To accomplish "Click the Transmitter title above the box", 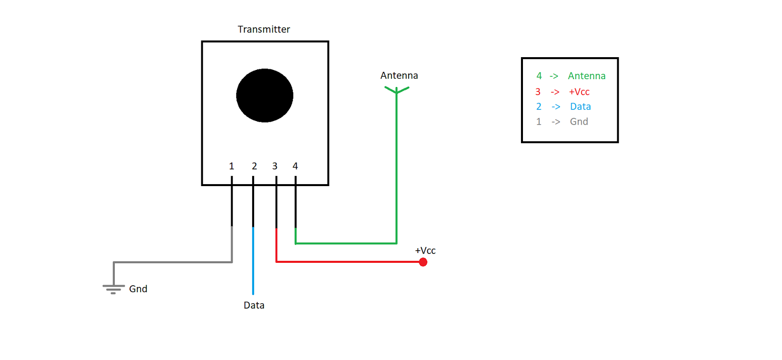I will coord(263,29).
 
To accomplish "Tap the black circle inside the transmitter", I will coord(264,95).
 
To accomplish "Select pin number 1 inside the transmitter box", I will coord(232,166).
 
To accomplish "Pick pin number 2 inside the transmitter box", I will coord(254,166).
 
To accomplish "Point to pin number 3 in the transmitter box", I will coord(275,166).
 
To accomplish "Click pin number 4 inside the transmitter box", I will coord(295,166).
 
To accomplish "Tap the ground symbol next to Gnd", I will coord(113,288).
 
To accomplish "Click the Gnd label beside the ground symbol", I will coord(138,289).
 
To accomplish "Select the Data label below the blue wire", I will coord(254,305).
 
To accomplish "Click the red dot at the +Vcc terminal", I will coord(423,262).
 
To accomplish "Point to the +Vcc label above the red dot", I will coord(425,251).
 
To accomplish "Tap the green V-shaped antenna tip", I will coord(396,90).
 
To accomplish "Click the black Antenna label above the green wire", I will coord(399,76).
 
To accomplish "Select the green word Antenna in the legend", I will coord(586,76).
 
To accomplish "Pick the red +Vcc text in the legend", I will coord(579,92).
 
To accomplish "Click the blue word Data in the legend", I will coord(580,106).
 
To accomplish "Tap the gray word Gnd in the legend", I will coord(579,122).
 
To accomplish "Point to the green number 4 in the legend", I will coord(539,76).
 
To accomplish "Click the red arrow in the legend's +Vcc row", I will coord(555,92).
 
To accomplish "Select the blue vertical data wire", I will coord(253,264).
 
